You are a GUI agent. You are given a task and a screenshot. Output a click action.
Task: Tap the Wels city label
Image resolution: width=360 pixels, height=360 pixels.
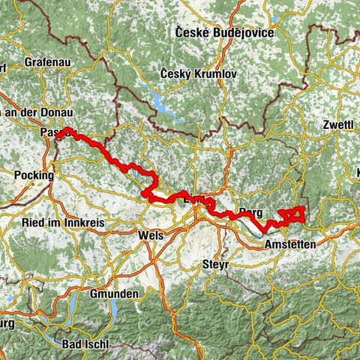(x=150, y=235)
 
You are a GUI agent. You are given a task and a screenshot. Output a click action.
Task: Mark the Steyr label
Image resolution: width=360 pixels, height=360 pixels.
(x=215, y=265)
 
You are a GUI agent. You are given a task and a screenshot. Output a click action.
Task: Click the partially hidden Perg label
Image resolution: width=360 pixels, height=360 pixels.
(x=250, y=211)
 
